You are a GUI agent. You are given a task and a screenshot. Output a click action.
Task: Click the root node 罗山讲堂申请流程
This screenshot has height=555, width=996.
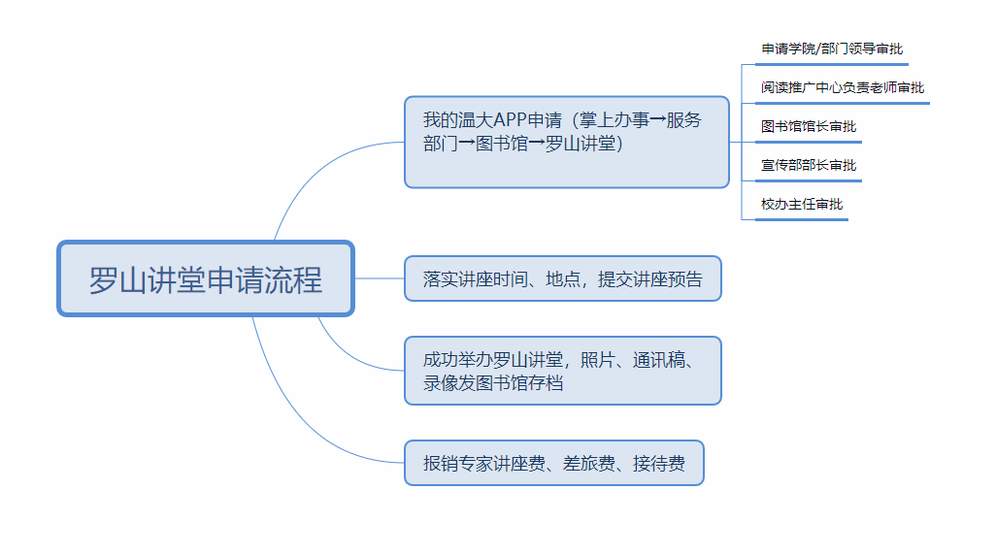[x=206, y=278]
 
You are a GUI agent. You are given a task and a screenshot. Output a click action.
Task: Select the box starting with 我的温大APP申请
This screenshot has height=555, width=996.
[x=566, y=142]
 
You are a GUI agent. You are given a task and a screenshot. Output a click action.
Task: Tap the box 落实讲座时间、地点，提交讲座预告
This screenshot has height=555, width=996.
[x=562, y=278]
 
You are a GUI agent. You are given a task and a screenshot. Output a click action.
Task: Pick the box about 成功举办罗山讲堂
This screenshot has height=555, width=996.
[x=562, y=371]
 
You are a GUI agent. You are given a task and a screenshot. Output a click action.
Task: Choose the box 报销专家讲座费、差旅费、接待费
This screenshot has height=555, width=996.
[x=553, y=463]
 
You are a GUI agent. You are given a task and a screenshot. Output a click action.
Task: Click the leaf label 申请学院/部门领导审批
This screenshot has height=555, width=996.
[x=831, y=49]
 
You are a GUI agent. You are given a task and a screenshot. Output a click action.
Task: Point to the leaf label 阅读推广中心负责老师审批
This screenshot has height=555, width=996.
[x=843, y=87]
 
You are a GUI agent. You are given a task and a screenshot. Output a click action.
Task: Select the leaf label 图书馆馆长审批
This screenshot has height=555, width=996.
[x=809, y=126]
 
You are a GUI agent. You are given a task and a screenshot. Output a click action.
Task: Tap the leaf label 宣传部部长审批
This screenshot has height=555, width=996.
[x=809, y=165]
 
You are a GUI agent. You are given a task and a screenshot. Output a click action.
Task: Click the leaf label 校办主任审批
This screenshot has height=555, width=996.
[x=802, y=204]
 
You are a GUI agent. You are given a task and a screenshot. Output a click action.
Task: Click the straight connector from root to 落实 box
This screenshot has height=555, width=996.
[x=379, y=278]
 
